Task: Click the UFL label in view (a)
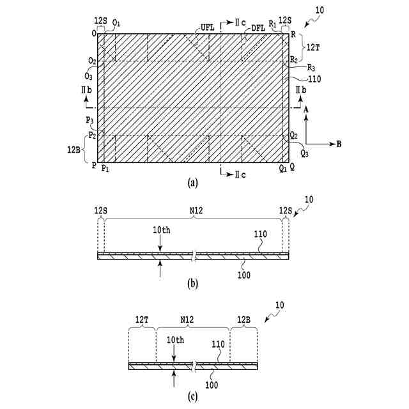(208, 27)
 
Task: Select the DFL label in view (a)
(258, 27)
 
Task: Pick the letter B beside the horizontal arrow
(338, 144)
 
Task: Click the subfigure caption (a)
(192, 183)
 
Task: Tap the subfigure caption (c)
(192, 396)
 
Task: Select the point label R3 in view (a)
(311, 67)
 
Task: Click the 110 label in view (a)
(314, 79)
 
